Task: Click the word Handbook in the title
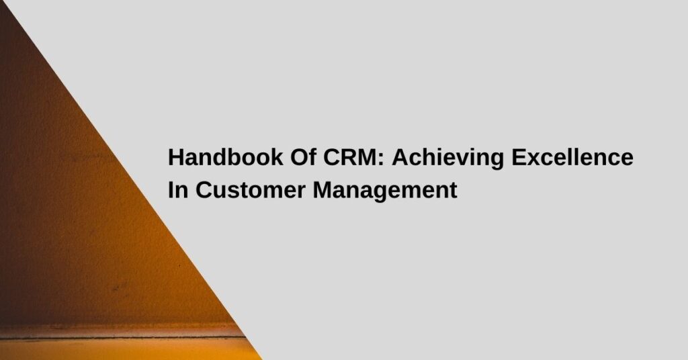pos(226,157)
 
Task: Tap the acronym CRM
pos(350,157)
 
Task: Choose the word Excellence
pos(572,157)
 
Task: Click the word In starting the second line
pos(178,190)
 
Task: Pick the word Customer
pos(250,190)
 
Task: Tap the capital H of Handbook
pos(175,157)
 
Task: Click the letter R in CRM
pos(348,157)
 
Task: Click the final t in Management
pos(453,191)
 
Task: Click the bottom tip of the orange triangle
pos(263,359)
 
